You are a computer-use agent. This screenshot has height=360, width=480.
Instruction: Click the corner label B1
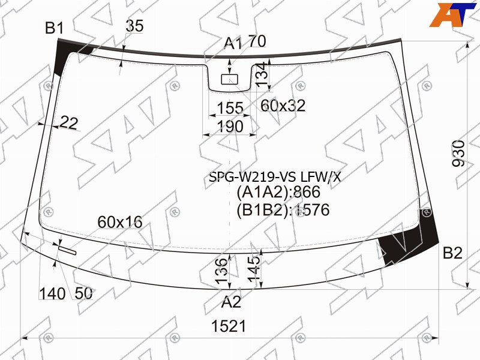pyautogui.click(x=54, y=28)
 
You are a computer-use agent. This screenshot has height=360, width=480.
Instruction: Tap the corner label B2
pyautogui.click(x=452, y=253)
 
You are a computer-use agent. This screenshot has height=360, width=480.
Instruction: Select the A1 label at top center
pyautogui.click(x=232, y=43)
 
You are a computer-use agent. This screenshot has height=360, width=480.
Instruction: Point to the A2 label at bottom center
pyautogui.click(x=231, y=302)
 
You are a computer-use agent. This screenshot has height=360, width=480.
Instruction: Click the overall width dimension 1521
pyautogui.click(x=229, y=326)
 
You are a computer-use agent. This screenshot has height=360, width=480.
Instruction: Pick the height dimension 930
pyautogui.click(x=458, y=153)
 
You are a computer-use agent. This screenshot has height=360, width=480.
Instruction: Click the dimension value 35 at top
pyautogui.click(x=134, y=26)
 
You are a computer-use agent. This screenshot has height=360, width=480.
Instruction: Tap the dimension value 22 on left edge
pyautogui.click(x=69, y=123)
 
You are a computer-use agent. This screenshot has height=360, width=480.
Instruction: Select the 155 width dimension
pyautogui.click(x=230, y=108)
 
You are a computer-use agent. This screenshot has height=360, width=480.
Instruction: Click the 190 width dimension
pyautogui.click(x=230, y=127)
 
